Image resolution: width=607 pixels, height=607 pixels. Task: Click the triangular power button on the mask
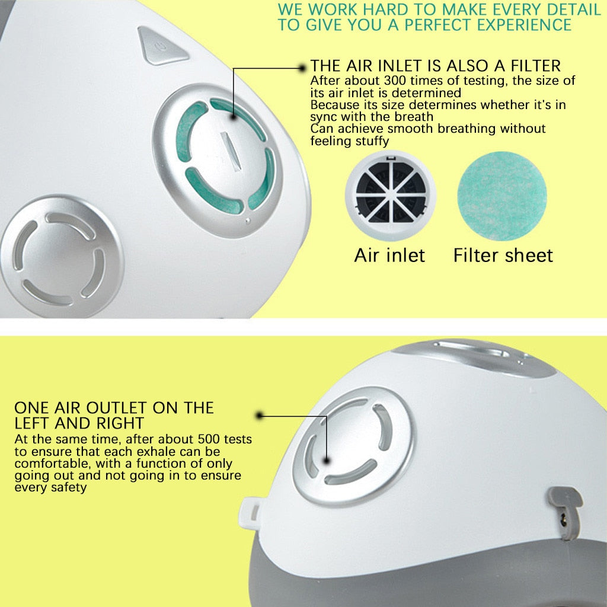160,46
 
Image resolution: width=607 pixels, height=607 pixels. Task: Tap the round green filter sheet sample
502,196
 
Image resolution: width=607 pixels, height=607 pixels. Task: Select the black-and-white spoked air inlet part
391,196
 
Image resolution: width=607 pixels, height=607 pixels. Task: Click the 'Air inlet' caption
389,255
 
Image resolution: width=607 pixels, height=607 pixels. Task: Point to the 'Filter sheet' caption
503,255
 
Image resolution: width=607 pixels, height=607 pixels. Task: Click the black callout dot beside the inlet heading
302,68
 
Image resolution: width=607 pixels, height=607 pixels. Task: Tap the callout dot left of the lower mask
260,416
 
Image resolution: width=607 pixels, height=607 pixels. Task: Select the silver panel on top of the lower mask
474,357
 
